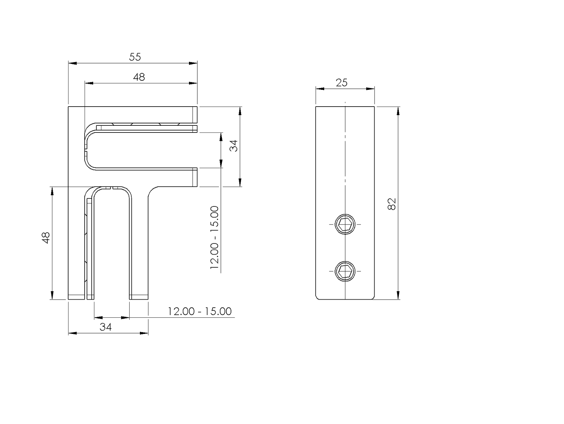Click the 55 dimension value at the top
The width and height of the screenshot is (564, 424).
[x=135, y=57]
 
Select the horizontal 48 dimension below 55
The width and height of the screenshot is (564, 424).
[x=139, y=77]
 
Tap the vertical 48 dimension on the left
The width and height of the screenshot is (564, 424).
[x=46, y=238]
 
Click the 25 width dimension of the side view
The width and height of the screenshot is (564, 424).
[x=341, y=83]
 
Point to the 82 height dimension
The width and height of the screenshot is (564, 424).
[x=392, y=204]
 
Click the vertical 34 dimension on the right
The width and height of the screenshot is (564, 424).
[x=234, y=146]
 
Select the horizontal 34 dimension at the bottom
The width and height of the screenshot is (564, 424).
[x=105, y=326]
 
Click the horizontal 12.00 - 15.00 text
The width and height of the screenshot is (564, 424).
[x=199, y=311]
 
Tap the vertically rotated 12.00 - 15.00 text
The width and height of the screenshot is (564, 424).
[x=215, y=237]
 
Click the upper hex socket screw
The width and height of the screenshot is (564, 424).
[x=345, y=224]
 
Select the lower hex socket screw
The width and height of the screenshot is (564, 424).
[x=345, y=271]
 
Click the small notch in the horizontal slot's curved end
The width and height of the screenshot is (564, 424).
[x=86, y=149]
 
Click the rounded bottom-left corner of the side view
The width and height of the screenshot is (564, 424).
[x=318, y=297]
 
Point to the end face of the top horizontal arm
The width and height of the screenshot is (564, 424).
[x=195, y=115]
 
